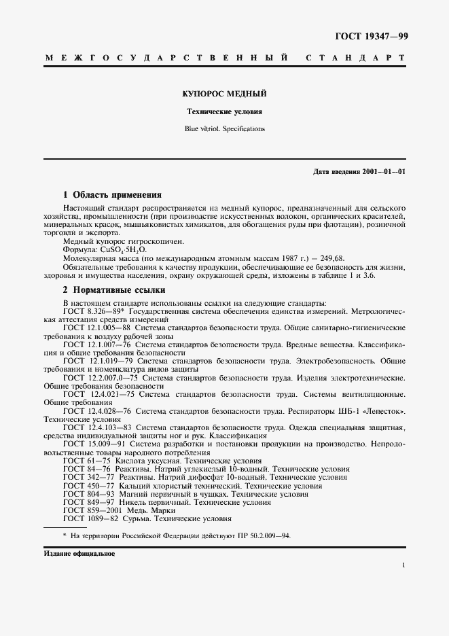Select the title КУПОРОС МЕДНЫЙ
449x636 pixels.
[225, 94]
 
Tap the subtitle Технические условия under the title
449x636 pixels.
[225, 111]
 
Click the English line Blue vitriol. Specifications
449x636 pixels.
[225, 128]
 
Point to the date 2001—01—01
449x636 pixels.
[384, 173]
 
